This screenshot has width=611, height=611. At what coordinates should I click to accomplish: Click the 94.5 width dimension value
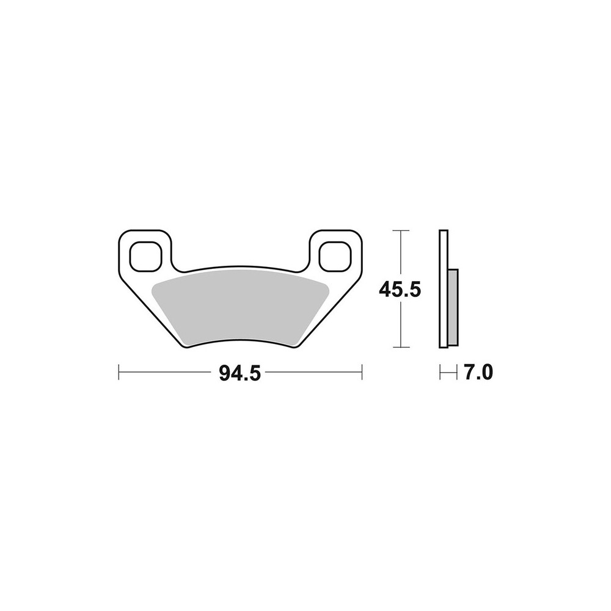point(240,373)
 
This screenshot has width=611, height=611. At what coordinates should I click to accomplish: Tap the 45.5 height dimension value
point(400,290)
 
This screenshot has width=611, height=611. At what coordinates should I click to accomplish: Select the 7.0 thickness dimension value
point(478,372)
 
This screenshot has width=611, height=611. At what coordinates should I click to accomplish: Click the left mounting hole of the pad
point(145,256)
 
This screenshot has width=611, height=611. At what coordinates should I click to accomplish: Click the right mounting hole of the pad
point(334,256)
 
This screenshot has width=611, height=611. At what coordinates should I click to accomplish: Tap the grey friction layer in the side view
point(453,307)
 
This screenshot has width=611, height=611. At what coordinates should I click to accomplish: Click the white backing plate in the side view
point(444,289)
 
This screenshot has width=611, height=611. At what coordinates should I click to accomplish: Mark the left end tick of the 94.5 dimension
point(119,372)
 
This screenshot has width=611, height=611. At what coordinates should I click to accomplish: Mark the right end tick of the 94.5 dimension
point(362,372)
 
